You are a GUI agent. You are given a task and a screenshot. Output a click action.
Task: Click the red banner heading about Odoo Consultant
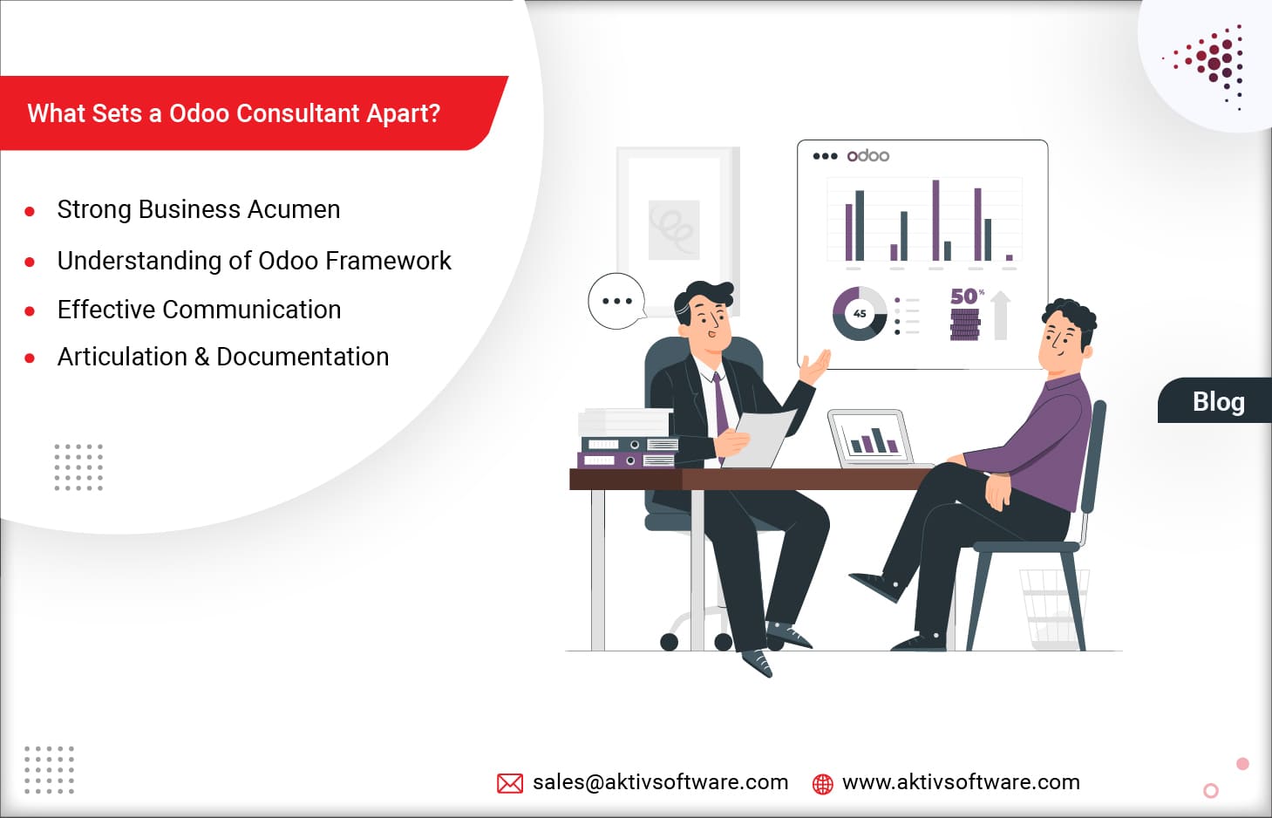click(x=234, y=113)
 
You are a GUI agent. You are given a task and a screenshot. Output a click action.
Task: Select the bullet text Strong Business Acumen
click(x=199, y=209)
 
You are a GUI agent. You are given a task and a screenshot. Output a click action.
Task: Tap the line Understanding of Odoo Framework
click(x=254, y=261)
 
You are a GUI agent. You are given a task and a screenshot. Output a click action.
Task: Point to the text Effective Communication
click(x=199, y=310)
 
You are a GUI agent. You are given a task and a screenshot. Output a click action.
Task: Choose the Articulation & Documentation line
click(x=223, y=357)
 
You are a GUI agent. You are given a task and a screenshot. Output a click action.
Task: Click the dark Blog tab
click(x=1218, y=401)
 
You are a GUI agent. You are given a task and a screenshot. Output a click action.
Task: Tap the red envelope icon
click(x=510, y=783)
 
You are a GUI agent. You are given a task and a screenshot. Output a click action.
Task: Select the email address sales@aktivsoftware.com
click(x=660, y=782)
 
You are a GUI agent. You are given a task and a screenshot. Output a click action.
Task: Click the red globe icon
click(x=822, y=784)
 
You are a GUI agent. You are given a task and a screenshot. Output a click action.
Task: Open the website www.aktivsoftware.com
click(x=961, y=782)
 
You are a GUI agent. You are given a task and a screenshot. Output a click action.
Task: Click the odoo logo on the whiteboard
click(x=868, y=156)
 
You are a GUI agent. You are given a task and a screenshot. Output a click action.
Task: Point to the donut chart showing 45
click(x=860, y=314)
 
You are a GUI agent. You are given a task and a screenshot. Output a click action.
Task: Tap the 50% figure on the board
click(x=965, y=297)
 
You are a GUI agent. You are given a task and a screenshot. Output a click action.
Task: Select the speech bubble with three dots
click(x=616, y=301)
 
